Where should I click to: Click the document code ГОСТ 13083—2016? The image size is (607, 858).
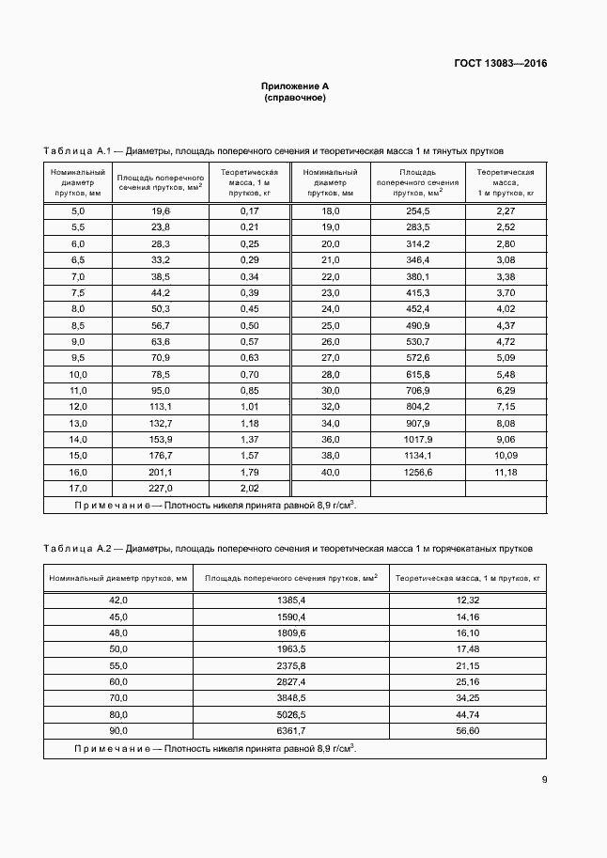click(502, 64)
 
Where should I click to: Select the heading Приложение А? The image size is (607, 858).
click(295, 86)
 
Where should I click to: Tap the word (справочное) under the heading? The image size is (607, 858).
click(295, 98)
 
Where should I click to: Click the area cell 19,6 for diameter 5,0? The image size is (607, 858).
click(161, 211)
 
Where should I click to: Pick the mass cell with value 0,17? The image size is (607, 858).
click(249, 211)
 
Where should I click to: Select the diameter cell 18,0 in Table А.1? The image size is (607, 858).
click(331, 211)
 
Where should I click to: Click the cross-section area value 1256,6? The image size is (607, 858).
click(417, 471)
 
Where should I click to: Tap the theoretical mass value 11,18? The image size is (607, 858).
click(506, 471)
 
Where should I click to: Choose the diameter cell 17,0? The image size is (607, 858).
click(78, 489)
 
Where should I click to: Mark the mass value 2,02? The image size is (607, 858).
click(249, 489)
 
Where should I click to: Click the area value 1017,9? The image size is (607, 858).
click(417, 438)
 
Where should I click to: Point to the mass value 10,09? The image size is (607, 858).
click(506, 455)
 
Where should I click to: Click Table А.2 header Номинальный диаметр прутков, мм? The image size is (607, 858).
click(118, 578)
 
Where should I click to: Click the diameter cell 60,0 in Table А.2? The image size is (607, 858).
click(118, 680)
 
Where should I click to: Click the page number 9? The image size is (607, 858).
click(544, 778)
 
